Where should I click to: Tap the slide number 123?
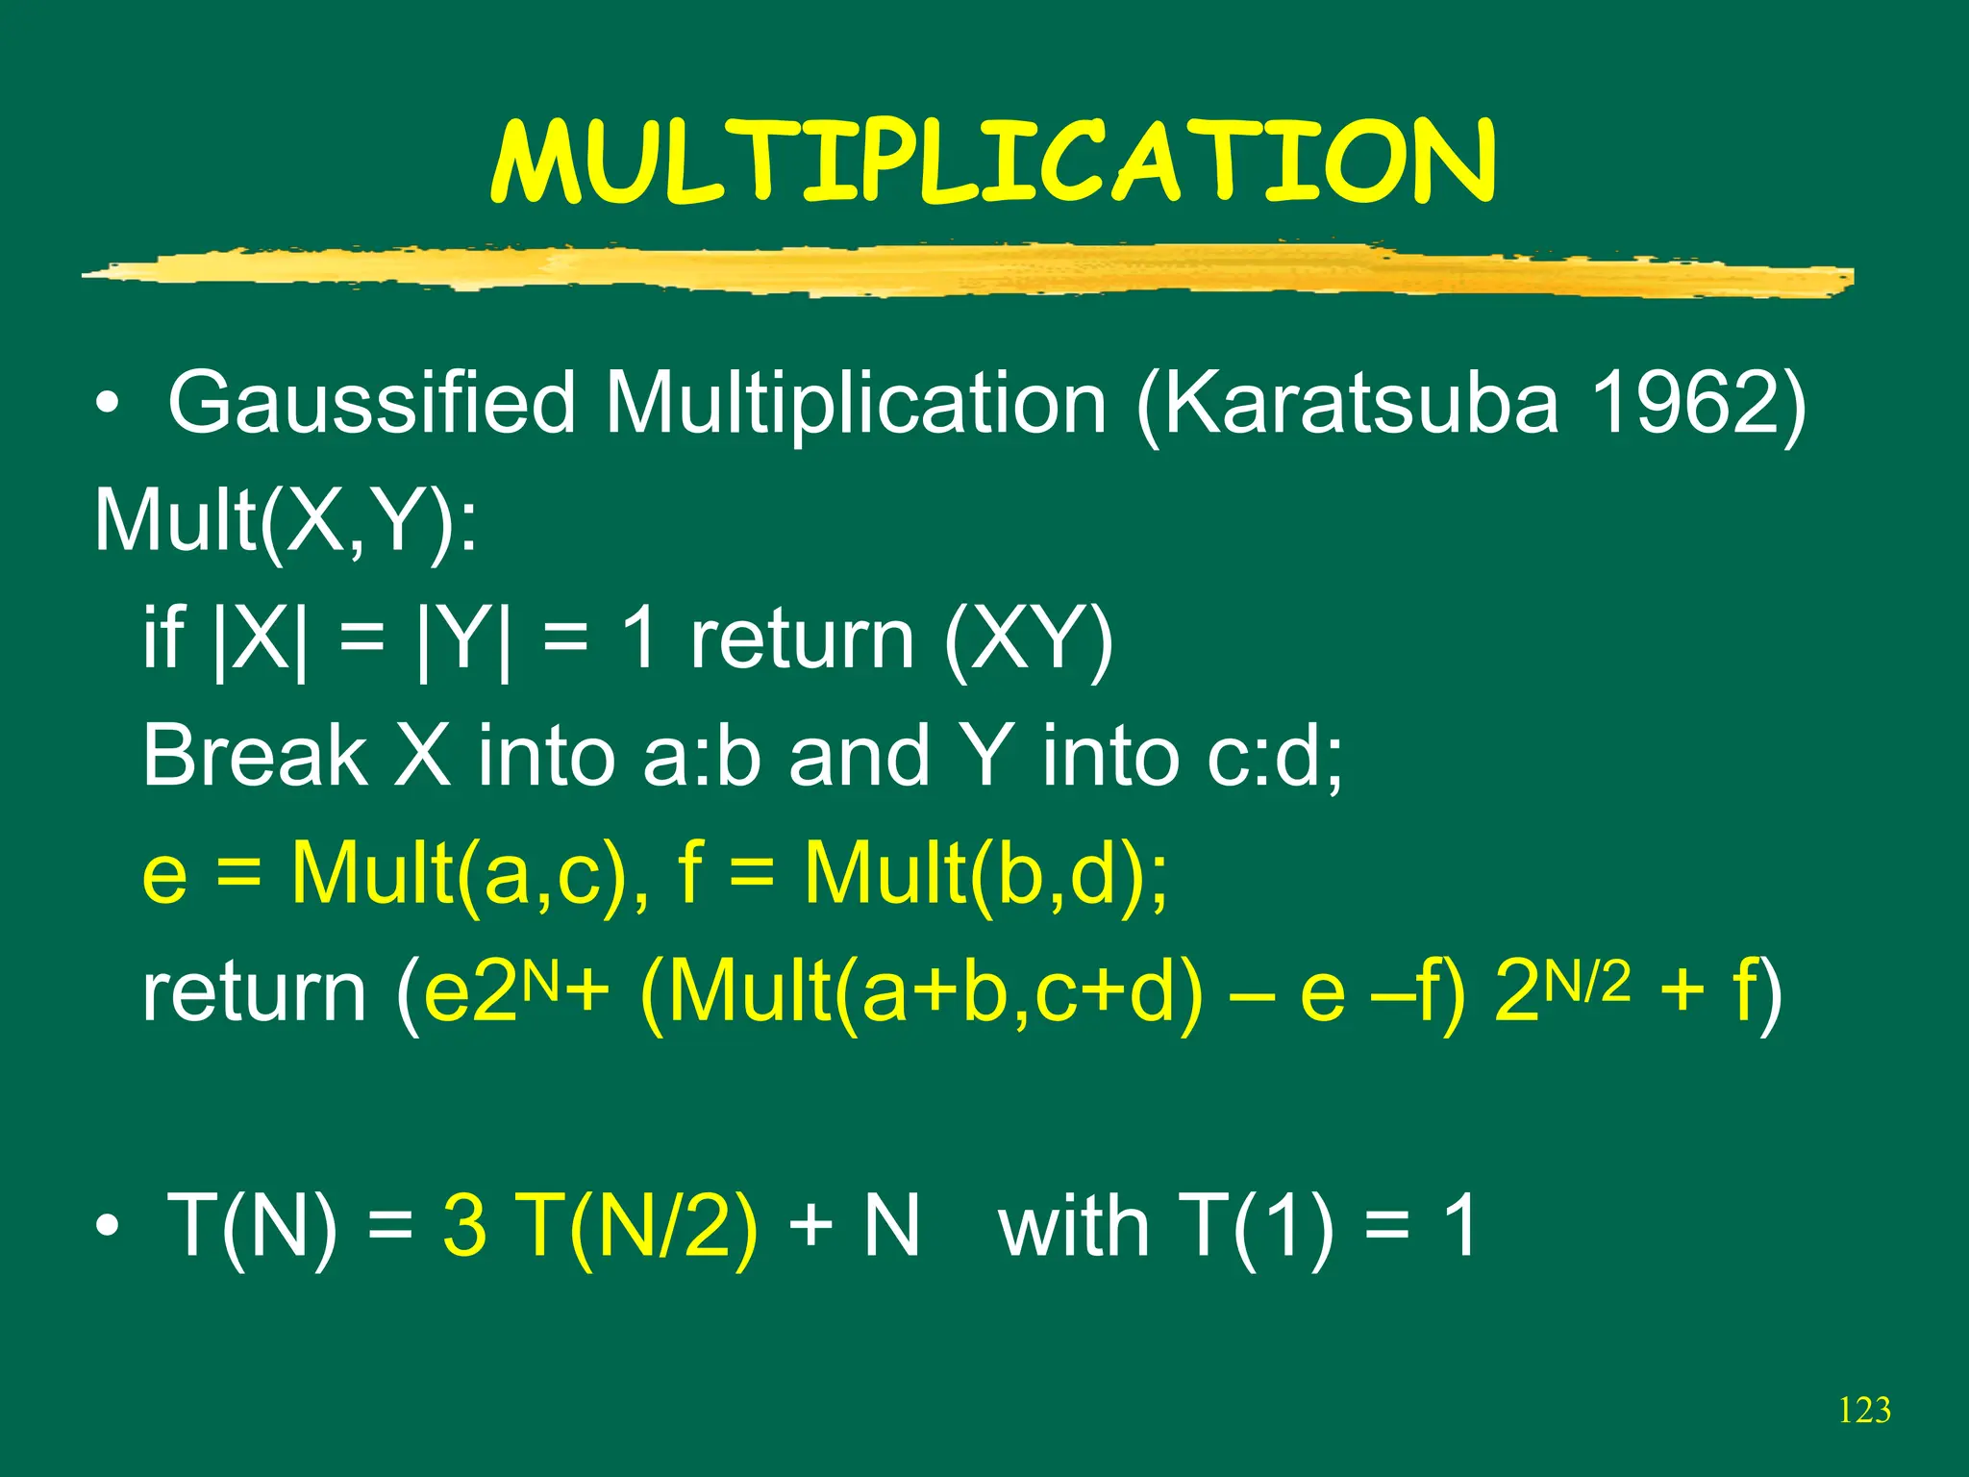point(1864,1411)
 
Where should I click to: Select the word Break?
point(254,756)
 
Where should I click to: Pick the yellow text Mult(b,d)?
point(985,874)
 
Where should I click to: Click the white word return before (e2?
point(254,993)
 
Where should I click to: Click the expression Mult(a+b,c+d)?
point(921,993)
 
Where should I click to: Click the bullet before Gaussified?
point(108,405)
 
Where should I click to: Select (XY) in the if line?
point(1028,639)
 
